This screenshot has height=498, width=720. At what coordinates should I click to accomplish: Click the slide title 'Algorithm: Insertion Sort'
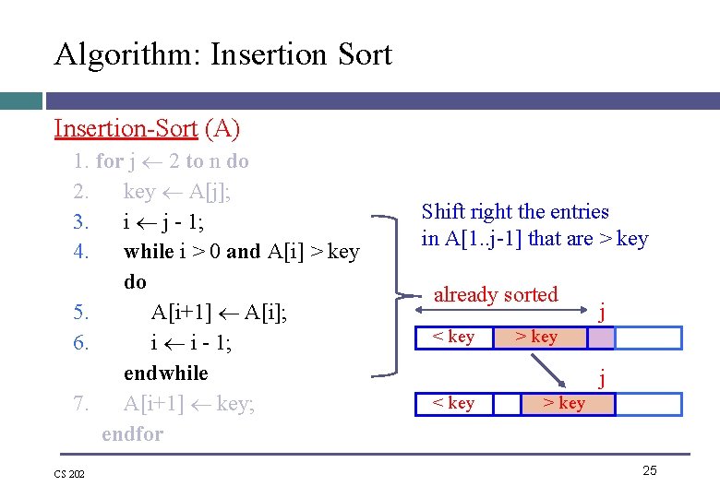(222, 54)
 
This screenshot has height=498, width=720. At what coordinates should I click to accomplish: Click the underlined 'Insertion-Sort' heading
(126, 128)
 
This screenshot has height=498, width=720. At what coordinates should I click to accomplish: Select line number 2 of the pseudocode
(80, 192)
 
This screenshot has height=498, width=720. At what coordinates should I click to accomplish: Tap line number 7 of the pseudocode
(80, 403)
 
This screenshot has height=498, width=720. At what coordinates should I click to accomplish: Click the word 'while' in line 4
(149, 252)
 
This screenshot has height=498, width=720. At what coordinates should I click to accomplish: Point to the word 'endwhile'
(166, 373)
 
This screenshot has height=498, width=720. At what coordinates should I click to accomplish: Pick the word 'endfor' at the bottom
(132, 433)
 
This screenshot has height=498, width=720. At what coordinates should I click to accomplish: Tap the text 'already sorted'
(496, 295)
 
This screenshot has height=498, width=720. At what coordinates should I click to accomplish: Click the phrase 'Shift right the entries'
(515, 212)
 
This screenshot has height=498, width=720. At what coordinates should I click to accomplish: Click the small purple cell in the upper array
(601, 338)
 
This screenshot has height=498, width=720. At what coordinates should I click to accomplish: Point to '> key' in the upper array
(536, 337)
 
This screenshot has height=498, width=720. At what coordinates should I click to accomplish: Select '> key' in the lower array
(563, 403)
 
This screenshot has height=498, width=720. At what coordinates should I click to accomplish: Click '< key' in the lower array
(453, 403)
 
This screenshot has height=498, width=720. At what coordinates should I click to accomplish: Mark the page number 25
(649, 470)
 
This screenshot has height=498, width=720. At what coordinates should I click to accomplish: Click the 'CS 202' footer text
(70, 474)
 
